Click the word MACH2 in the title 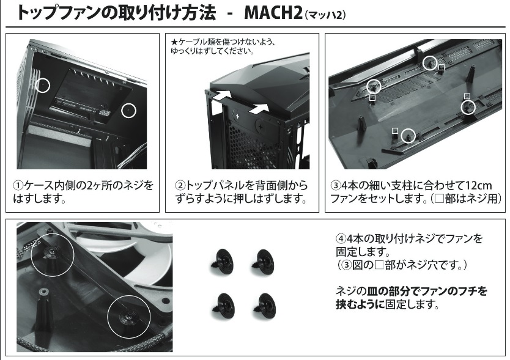pyautogui.click(x=273, y=13)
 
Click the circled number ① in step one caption pyautogui.click(x=18, y=185)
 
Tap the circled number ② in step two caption pyautogui.click(x=180, y=185)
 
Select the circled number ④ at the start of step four pyautogui.click(x=341, y=238)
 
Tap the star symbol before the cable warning pyautogui.click(x=174, y=42)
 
